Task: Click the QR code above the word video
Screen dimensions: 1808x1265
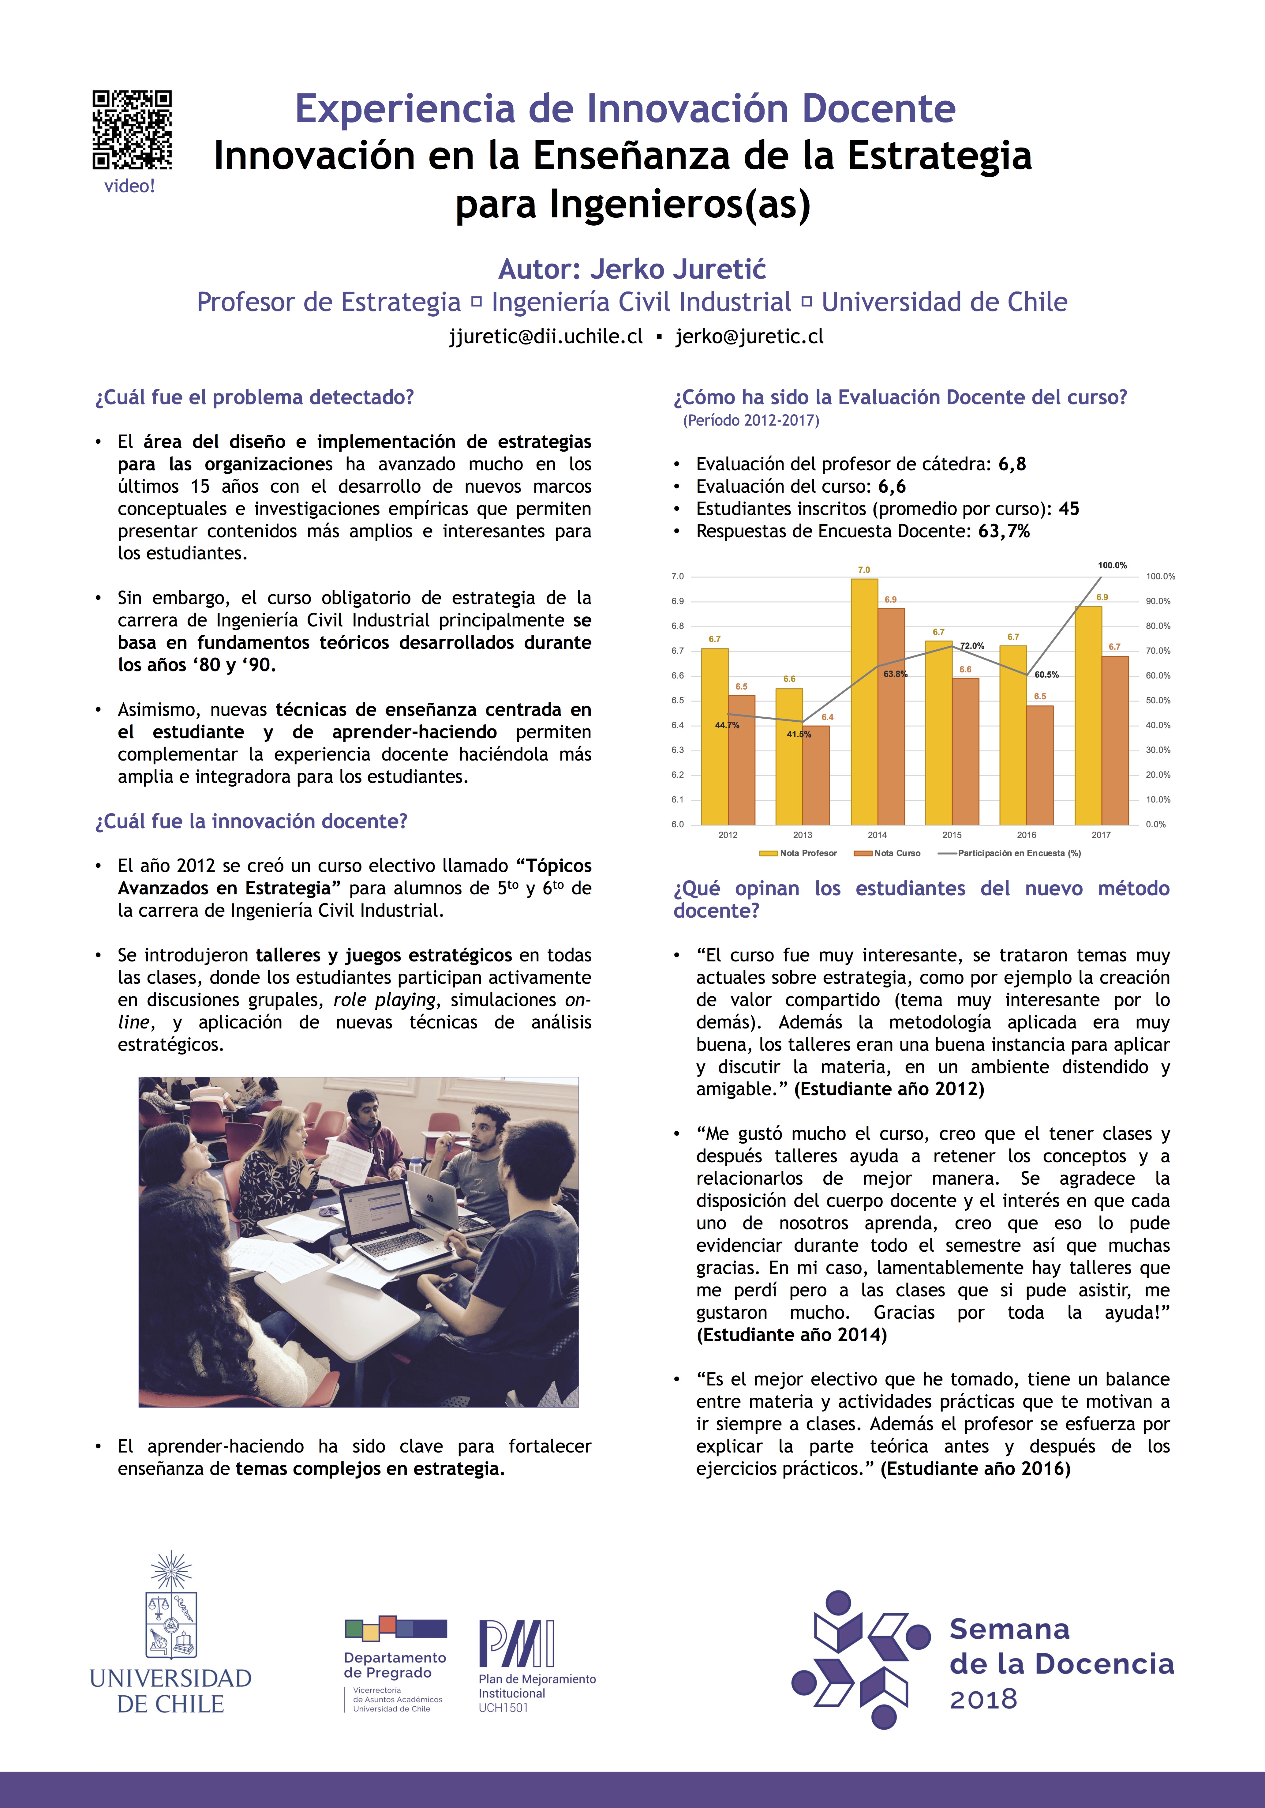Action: point(132,130)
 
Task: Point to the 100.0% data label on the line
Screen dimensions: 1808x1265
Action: point(1112,566)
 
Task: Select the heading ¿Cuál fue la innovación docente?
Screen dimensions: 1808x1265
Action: point(251,821)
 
